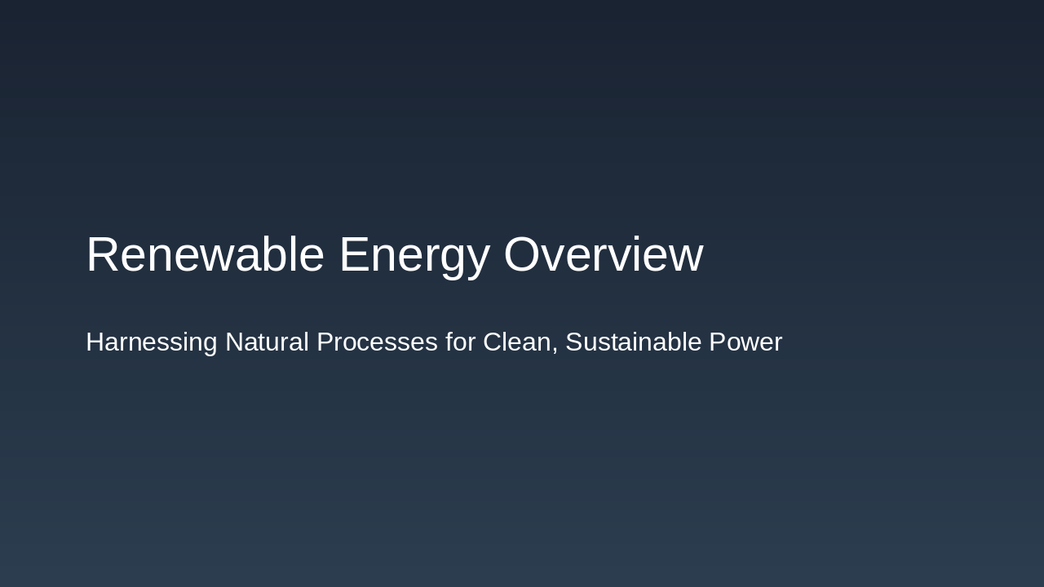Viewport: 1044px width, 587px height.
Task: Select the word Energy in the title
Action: click(414, 254)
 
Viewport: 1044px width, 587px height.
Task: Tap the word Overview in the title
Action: click(603, 254)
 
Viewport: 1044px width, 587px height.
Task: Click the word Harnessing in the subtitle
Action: click(152, 342)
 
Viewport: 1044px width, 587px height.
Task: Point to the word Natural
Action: click(268, 342)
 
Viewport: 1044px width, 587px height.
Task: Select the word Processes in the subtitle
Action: click(377, 342)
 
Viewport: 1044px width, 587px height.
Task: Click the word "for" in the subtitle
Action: click(460, 342)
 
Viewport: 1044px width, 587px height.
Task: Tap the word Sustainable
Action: click(633, 342)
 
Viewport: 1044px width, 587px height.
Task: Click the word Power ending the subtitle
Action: click(745, 342)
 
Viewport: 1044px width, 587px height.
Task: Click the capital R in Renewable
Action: click(102, 254)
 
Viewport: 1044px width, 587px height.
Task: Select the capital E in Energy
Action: click(353, 254)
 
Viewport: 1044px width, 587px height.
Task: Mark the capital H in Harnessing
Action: click(95, 342)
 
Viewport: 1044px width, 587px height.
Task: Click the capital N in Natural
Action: click(234, 342)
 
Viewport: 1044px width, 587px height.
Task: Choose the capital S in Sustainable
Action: click(573, 342)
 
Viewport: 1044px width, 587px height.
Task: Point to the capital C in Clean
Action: click(492, 342)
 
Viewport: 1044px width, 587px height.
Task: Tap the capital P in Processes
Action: click(325, 342)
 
